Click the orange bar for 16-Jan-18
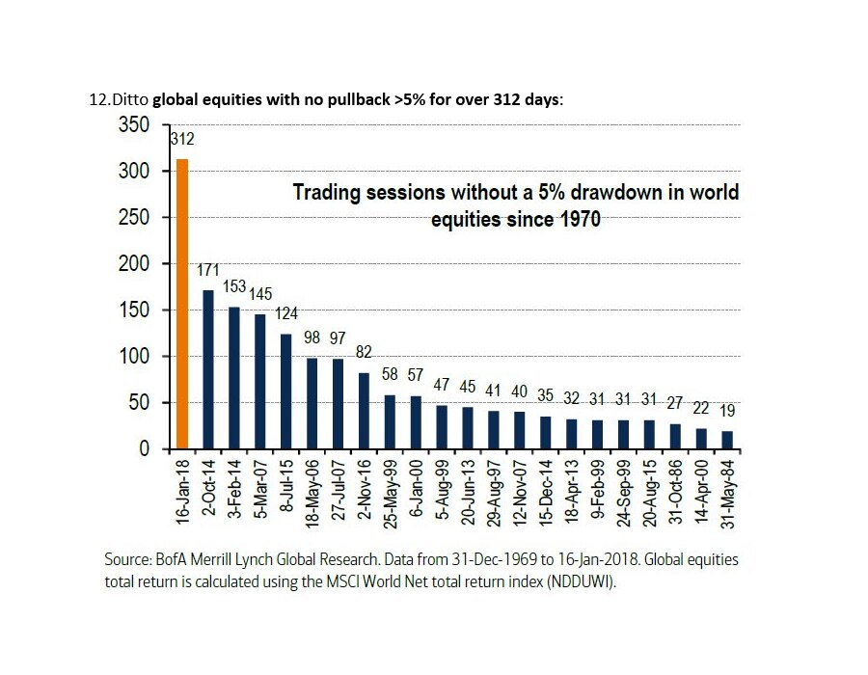point(181,304)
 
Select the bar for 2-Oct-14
point(207,369)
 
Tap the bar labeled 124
point(285,391)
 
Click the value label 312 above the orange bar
point(182,138)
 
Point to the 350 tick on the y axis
point(134,125)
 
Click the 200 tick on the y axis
point(134,264)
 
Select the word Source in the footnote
point(127,559)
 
